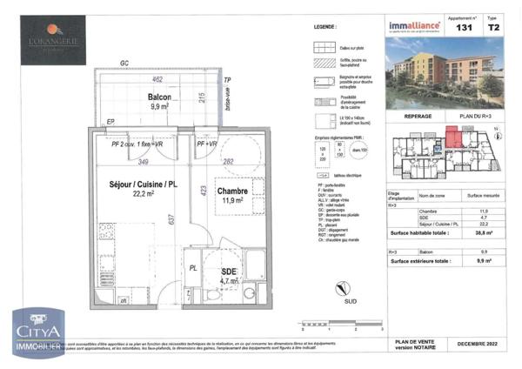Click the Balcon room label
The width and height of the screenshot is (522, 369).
(159, 97)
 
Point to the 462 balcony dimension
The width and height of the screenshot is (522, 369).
(157, 79)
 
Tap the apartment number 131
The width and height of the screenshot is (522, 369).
(465, 28)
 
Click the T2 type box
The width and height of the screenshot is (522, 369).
(493, 28)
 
